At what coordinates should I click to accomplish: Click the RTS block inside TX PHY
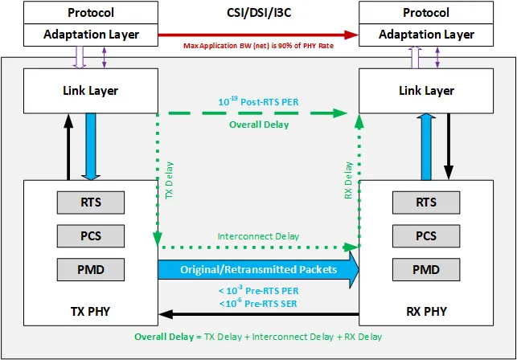(x=91, y=202)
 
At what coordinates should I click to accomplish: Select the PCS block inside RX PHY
(x=425, y=235)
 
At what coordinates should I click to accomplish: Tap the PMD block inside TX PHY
(x=91, y=268)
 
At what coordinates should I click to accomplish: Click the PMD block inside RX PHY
(x=425, y=268)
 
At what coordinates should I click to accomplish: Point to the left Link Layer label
(x=90, y=90)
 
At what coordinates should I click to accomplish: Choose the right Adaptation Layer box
(x=426, y=35)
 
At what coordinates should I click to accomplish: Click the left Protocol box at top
(x=91, y=14)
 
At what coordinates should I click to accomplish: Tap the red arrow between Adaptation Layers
(x=257, y=35)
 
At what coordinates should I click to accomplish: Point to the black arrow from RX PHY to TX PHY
(x=257, y=314)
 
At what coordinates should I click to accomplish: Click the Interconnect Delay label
(x=258, y=236)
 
